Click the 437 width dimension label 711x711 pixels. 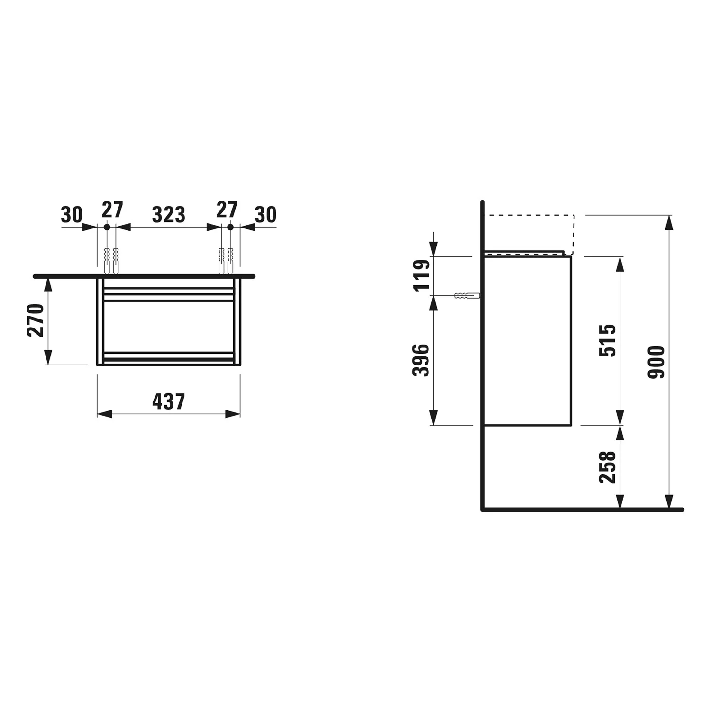click(168, 401)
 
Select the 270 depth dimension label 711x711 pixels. click(36, 320)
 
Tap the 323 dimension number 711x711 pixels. click(168, 215)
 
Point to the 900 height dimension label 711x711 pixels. click(656, 362)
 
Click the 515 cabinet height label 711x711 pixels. click(607, 340)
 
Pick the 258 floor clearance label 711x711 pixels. click(607, 467)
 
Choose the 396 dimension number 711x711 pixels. click(421, 360)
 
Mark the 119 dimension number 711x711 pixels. click(422, 275)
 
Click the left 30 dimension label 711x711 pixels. click(72, 215)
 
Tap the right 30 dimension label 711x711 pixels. click(265, 215)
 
